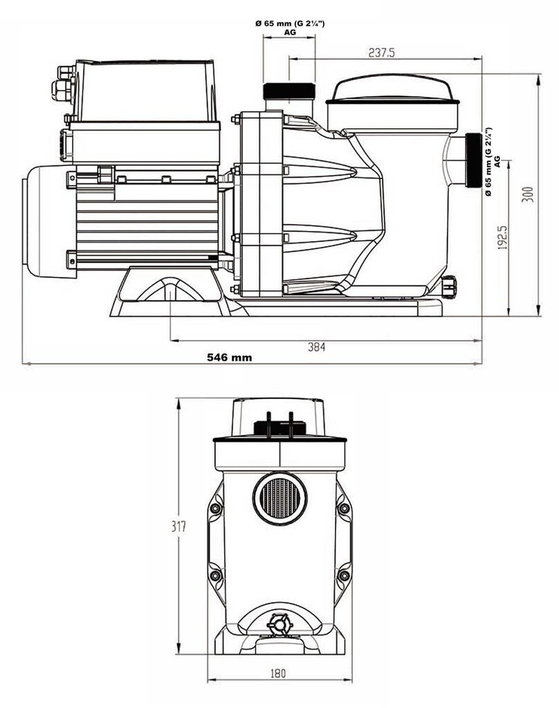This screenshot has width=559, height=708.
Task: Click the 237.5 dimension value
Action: [x=381, y=53]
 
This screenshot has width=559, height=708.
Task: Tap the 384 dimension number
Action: [x=316, y=347]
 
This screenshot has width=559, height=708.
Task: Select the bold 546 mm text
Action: [x=230, y=357]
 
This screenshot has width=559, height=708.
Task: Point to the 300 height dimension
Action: [x=528, y=194]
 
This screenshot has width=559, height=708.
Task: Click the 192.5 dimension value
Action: [x=502, y=238]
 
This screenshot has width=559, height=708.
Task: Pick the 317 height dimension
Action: [x=178, y=526]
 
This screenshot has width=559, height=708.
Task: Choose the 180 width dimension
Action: [x=278, y=673]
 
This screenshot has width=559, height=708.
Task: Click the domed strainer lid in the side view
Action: [x=392, y=89]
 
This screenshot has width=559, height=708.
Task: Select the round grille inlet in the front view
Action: [x=280, y=498]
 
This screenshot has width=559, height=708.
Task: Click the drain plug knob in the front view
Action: [x=278, y=625]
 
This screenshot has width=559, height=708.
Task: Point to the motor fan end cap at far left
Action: [x=49, y=221]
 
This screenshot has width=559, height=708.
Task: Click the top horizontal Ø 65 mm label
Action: [x=290, y=28]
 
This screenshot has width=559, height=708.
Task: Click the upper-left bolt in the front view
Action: [x=216, y=508]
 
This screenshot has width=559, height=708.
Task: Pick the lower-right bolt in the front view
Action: [x=344, y=576]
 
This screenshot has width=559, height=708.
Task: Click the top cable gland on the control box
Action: [x=66, y=71]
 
